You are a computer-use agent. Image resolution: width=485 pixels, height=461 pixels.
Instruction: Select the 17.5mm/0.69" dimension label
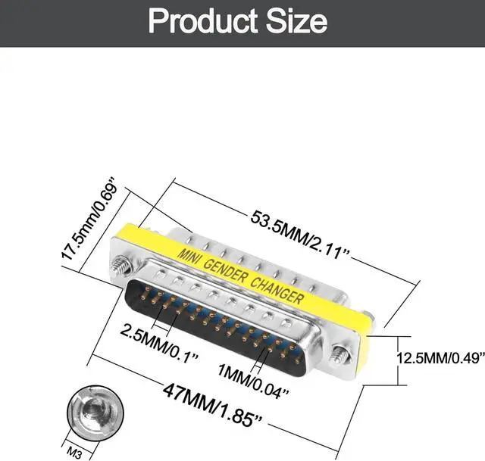89,219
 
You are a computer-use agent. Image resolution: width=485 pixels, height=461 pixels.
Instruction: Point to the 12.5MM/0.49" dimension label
440,358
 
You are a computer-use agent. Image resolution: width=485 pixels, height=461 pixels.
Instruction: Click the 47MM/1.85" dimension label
212,404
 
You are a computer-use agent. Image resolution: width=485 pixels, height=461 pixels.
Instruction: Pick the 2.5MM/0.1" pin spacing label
159,341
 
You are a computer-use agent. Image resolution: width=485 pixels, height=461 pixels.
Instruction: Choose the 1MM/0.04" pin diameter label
253,380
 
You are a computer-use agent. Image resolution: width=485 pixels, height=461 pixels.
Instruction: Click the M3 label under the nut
74,453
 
